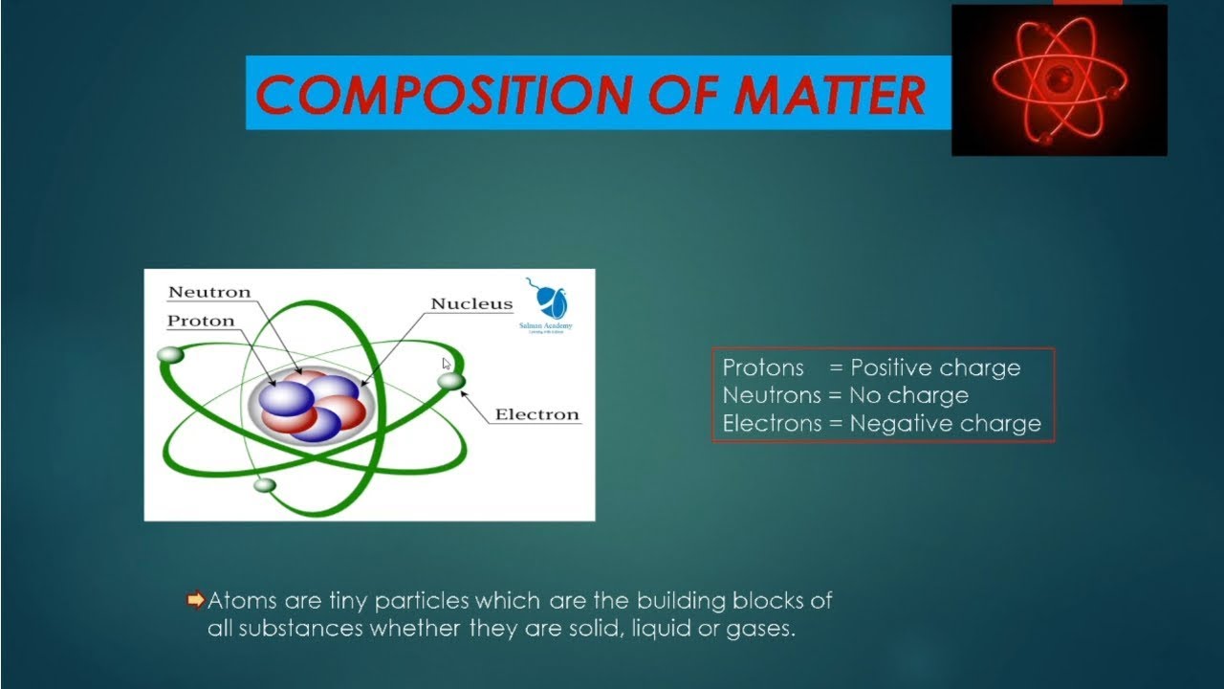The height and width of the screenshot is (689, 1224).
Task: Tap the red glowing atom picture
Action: (x=1059, y=80)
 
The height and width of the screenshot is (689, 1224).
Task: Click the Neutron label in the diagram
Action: (x=209, y=292)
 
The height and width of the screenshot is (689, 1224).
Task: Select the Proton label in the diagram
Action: (x=201, y=321)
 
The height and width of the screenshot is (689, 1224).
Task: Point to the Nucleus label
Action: (x=471, y=304)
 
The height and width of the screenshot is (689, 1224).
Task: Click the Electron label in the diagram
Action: (x=536, y=414)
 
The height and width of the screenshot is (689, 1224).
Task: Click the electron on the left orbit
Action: (x=170, y=355)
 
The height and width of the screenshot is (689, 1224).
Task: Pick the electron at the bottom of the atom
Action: (x=265, y=485)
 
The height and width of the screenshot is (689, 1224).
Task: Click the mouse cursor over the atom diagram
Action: (x=447, y=364)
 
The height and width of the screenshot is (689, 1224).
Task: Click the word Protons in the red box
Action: (x=763, y=368)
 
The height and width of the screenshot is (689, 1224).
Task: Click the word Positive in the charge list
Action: (x=891, y=368)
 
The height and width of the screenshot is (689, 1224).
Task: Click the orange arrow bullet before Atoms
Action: (x=196, y=601)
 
